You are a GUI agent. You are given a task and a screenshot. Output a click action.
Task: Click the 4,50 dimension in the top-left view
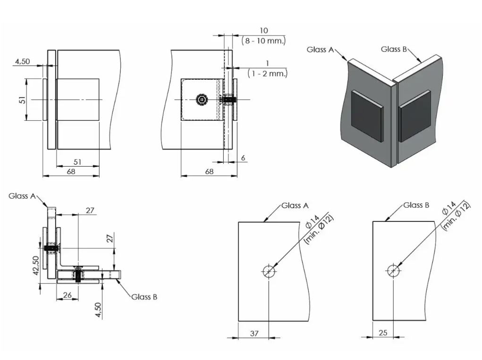pyautogui.click(x=23, y=61)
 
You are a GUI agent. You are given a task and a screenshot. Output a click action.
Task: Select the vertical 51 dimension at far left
pyautogui.click(x=22, y=100)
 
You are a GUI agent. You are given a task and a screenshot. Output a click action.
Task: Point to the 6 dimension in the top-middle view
pyautogui.click(x=243, y=158)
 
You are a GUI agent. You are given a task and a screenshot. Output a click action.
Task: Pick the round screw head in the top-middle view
pyautogui.click(x=203, y=100)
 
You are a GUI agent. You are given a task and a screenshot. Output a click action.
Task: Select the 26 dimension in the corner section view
pyautogui.click(x=67, y=295)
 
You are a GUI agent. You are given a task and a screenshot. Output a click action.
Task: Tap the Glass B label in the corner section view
pyautogui.click(x=144, y=297)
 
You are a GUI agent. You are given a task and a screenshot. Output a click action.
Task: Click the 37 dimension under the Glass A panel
pyautogui.click(x=254, y=333)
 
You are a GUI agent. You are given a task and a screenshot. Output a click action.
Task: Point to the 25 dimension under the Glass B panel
pyautogui.click(x=383, y=333)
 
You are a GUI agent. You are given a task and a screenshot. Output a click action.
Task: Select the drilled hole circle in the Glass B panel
pyautogui.click(x=393, y=271)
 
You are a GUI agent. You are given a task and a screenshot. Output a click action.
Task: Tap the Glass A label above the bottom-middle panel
pyautogui.click(x=295, y=206)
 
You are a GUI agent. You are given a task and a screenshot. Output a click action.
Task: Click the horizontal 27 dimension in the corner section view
pyautogui.click(x=90, y=210)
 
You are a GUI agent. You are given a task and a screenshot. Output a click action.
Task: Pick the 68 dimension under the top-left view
pyautogui.click(x=71, y=172)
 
